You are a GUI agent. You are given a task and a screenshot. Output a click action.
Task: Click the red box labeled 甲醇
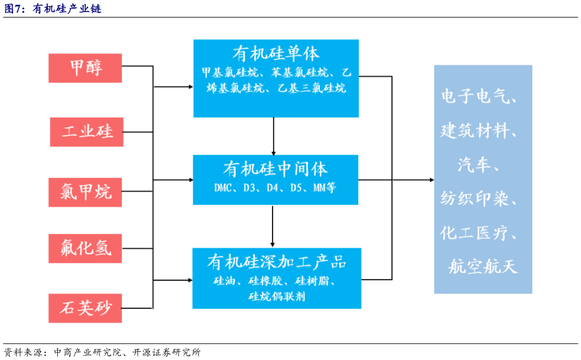click(x=85, y=68)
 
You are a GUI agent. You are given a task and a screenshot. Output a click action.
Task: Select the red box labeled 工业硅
click(x=87, y=131)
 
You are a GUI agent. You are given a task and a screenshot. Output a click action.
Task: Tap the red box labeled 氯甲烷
click(x=85, y=192)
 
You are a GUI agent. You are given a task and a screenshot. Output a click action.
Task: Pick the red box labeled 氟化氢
click(x=85, y=248)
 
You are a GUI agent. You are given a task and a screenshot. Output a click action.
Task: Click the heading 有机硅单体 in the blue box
click(x=276, y=53)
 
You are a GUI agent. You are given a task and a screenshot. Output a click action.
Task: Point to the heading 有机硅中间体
click(x=275, y=168)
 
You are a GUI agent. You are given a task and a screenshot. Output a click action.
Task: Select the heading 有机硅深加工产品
click(x=276, y=262)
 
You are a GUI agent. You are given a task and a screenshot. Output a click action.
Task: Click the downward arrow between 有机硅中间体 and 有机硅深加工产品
click(x=273, y=226)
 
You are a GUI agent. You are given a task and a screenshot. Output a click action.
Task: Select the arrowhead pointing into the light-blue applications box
click(x=430, y=179)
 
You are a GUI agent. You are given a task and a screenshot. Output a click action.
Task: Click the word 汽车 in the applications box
click(x=475, y=164)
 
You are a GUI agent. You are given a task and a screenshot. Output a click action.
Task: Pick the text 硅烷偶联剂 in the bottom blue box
click(x=277, y=297)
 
